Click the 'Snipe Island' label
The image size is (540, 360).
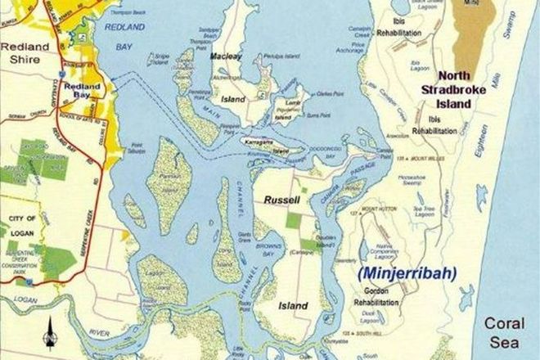[160, 60]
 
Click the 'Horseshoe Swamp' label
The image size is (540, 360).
[410, 179]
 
